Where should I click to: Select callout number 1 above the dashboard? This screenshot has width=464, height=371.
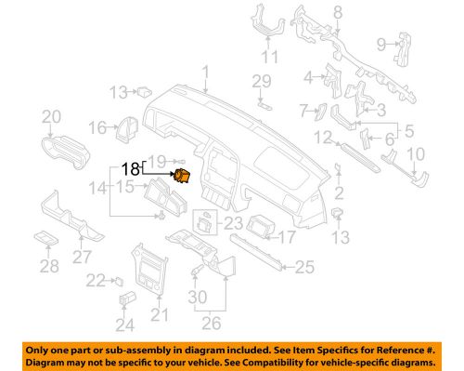(x=206, y=71)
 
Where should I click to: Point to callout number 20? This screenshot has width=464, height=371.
(x=51, y=116)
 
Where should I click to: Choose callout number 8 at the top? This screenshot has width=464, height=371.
(x=337, y=11)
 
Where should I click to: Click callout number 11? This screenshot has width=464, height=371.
(x=270, y=58)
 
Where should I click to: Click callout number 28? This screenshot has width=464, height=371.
(x=46, y=267)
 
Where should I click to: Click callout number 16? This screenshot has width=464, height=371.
(x=97, y=127)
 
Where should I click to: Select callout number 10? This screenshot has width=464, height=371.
(x=417, y=152)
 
